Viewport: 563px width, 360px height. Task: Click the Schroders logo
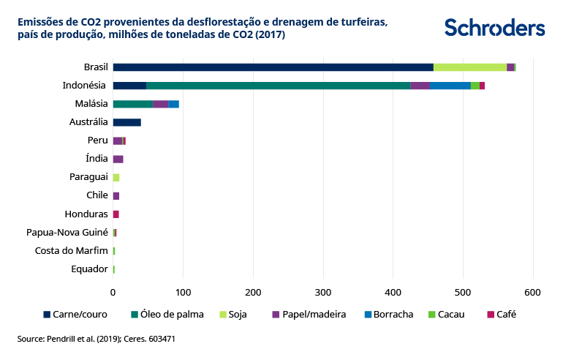(x=494, y=28)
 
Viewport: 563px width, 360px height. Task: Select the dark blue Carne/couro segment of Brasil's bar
(x=273, y=67)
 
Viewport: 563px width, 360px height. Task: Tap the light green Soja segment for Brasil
(x=469, y=67)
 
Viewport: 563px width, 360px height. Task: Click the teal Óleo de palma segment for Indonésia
(x=278, y=86)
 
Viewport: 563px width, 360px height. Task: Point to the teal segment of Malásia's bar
(x=132, y=104)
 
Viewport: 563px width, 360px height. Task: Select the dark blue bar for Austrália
(x=126, y=122)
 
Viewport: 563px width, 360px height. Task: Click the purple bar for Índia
(x=118, y=159)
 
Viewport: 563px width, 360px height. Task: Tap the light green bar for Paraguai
(x=116, y=177)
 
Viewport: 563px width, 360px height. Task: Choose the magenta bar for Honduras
(x=116, y=214)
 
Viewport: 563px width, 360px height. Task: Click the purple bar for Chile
(x=116, y=195)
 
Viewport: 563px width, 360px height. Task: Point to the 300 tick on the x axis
(x=323, y=292)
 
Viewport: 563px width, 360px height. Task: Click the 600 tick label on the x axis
(x=533, y=292)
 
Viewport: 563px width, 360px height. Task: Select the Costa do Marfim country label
(x=72, y=250)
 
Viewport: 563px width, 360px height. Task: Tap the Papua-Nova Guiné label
(x=67, y=232)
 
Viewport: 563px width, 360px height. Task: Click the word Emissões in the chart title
(x=40, y=22)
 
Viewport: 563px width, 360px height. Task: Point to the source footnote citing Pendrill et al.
(x=96, y=339)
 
